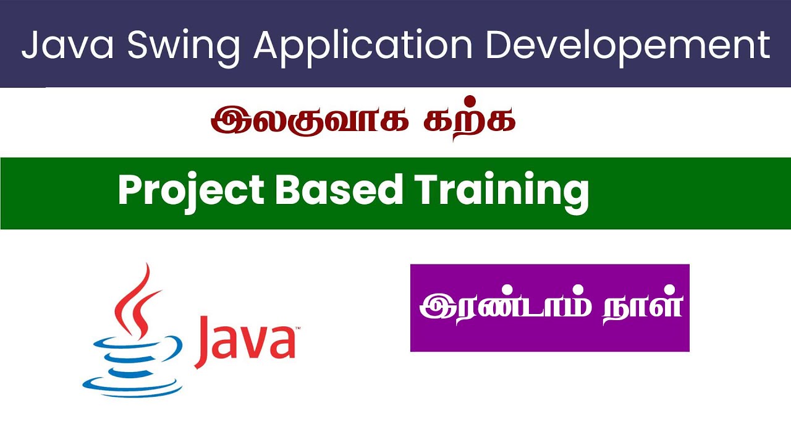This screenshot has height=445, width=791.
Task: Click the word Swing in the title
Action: (184, 48)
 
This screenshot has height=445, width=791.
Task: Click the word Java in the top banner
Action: (67, 44)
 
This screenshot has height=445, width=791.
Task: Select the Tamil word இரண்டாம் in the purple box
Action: (505, 306)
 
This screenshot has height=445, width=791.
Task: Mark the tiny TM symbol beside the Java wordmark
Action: (297, 328)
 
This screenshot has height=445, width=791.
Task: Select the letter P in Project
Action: (130, 190)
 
